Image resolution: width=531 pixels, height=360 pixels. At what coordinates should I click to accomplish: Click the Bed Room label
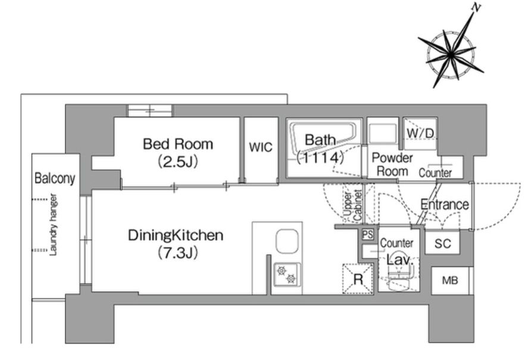(178, 144)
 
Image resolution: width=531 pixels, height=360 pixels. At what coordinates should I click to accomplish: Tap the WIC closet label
(260, 148)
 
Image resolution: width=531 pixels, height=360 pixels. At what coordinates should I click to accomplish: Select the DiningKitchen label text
(176, 236)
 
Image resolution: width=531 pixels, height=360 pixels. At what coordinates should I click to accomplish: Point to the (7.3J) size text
(177, 253)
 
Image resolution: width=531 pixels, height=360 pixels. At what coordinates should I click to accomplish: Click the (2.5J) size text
(177, 162)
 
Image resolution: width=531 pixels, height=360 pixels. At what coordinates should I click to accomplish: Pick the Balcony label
(55, 179)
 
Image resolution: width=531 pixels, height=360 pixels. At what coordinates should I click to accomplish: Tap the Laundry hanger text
(53, 224)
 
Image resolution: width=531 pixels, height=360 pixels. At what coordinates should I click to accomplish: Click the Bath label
(320, 140)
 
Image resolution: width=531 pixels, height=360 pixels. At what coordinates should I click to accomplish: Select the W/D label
(420, 133)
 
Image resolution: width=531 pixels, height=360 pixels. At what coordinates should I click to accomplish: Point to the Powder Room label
(392, 165)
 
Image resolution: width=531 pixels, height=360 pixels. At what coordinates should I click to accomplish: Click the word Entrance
(445, 205)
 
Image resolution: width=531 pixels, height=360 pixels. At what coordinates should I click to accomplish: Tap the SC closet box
(442, 243)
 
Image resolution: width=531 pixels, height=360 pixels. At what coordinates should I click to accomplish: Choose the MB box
(450, 280)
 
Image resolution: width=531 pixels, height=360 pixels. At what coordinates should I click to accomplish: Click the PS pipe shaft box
(368, 234)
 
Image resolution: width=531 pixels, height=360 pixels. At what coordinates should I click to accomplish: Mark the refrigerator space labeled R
(358, 278)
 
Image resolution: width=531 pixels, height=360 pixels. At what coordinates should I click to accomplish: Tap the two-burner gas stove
(286, 274)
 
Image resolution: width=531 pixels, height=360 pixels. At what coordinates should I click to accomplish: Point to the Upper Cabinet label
(352, 205)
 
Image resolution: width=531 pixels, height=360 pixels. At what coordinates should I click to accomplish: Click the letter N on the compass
(476, 8)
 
